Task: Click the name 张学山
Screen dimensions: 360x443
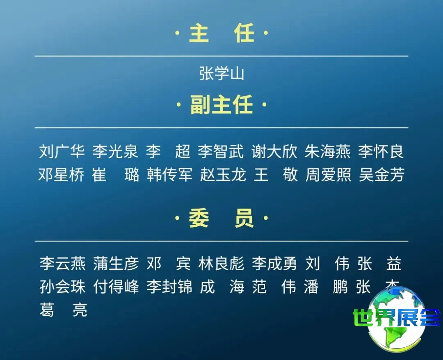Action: tap(221, 74)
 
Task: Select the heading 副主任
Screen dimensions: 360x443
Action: tap(221, 105)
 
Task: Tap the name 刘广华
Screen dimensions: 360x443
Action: tap(62, 151)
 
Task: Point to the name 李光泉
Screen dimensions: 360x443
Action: tap(115, 151)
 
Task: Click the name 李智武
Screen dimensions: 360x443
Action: tap(221, 151)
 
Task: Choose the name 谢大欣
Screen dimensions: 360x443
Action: tap(274, 151)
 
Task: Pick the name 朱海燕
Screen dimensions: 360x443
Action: tap(328, 151)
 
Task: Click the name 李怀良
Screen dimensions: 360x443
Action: tap(381, 151)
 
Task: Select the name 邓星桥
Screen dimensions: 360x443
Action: tap(62, 175)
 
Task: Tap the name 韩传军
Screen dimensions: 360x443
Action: tap(169, 175)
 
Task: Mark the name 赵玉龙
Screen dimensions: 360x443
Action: tap(223, 175)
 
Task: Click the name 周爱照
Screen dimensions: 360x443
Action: tap(329, 175)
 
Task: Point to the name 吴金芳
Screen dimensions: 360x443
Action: tap(382, 175)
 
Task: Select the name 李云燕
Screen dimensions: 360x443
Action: tap(63, 264)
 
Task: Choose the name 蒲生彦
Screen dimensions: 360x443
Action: tap(116, 264)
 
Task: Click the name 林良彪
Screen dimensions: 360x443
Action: tap(221, 264)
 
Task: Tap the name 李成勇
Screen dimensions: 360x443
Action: tap(274, 264)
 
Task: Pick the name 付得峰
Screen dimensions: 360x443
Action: tap(116, 287)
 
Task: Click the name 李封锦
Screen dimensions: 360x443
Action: tap(169, 287)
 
